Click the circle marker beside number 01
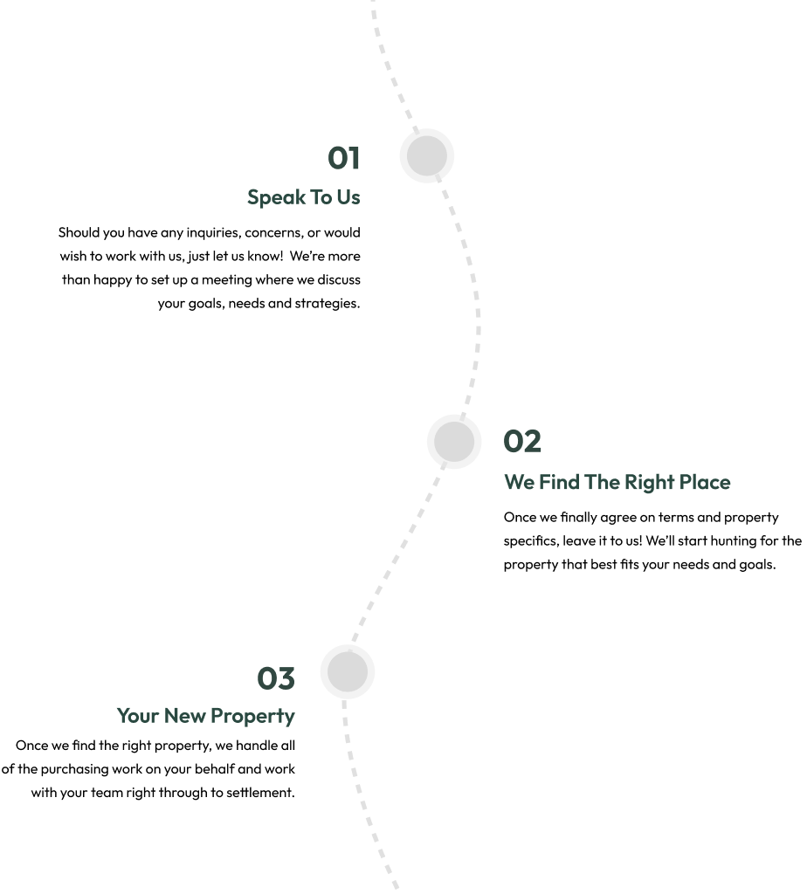[x=427, y=156]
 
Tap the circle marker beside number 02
[x=454, y=442]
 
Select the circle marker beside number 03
[x=348, y=672]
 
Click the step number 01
[x=344, y=158]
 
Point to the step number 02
[x=522, y=442]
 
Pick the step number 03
[x=276, y=677]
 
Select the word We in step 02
[x=519, y=482]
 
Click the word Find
[x=559, y=482]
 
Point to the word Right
[x=649, y=483]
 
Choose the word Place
[x=705, y=482]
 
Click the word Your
[x=137, y=716]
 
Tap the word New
[x=184, y=716]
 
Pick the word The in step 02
[x=603, y=482]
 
